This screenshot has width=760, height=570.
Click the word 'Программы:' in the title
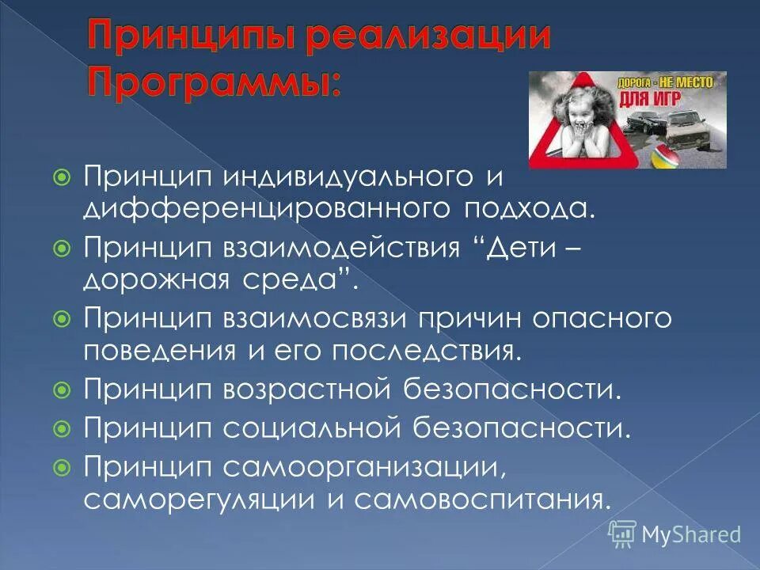pos(215,82)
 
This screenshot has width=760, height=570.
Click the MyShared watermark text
pos(690,534)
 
